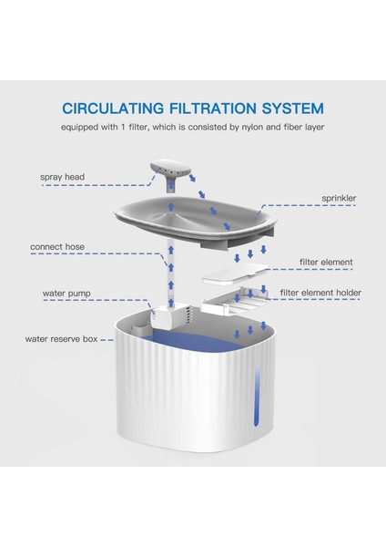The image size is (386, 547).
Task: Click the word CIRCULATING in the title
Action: tap(113, 108)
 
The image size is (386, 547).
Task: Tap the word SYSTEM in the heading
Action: tap(293, 108)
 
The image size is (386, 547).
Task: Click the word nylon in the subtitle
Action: tap(251, 127)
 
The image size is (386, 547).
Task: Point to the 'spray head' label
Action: tap(62, 177)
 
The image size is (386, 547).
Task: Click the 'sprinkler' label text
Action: tap(339, 198)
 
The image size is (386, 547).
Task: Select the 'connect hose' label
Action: tap(57, 247)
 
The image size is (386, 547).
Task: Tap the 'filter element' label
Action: tap(326, 262)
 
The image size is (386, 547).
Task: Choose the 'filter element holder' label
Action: tap(320, 293)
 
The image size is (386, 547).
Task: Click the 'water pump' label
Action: tap(66, 293)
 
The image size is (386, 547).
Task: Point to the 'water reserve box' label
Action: tap(61, 339)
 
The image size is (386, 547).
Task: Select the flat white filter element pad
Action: tap(236, 273)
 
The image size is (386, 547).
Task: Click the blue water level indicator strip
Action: tap(257, 396)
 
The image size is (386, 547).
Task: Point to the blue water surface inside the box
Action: tap(195, 341)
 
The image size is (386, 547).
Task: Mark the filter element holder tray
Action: tap(234, 300)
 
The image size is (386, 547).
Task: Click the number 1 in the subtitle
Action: tap(123, 127)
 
